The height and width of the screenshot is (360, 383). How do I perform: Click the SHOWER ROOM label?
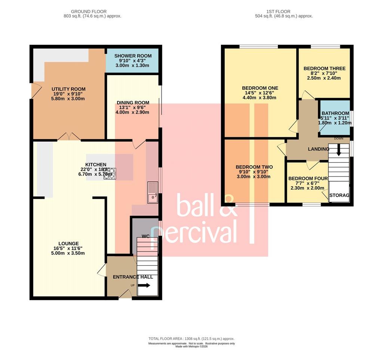point(133,56)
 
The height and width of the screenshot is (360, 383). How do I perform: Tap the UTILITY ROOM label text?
point(68,89)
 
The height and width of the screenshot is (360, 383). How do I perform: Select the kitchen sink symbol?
point(153,193)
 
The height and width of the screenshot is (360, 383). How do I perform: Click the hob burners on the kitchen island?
point(110,174)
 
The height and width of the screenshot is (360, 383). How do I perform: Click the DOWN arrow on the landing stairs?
point(339,150)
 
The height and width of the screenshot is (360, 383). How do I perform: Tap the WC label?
point(145,236)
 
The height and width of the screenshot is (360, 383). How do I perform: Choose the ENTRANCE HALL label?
point(133,277)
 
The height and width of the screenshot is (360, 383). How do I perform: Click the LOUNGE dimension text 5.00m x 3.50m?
point(68,253)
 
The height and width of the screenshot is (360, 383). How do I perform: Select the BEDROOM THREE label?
point(324,68)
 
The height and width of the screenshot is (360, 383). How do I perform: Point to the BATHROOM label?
point(335,113)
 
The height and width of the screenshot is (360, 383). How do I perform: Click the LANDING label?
point(319,149)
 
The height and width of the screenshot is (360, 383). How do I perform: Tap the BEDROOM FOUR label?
point(308,178)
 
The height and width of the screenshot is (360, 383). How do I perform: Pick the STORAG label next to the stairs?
point(339,195)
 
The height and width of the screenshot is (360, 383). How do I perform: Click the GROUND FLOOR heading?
point(89,12)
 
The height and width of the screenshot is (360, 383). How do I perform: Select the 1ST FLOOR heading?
point(278,12)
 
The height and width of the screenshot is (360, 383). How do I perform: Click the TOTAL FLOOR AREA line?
point(191,339)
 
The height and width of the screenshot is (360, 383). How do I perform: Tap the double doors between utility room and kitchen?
point(69,137)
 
